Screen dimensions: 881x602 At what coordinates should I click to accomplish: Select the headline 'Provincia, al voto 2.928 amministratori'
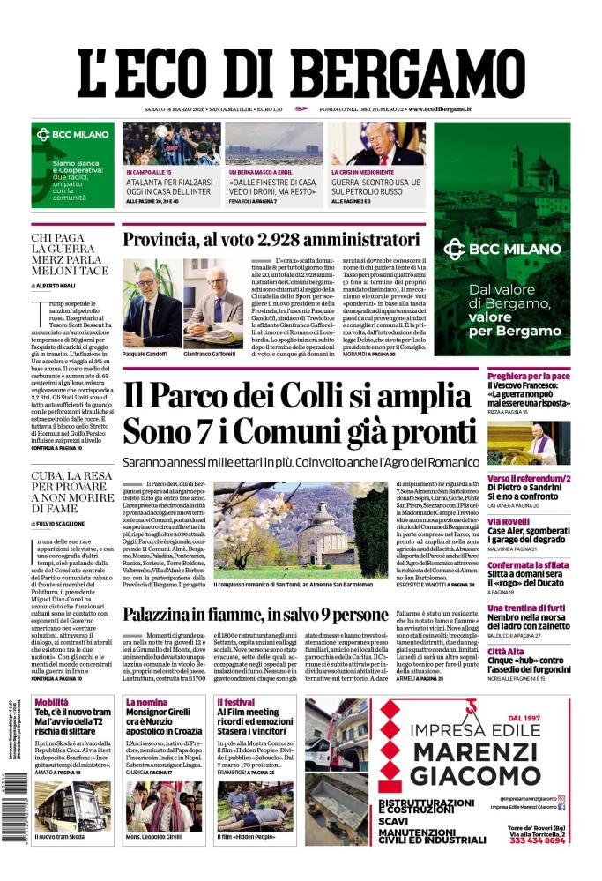[x=271, y=239]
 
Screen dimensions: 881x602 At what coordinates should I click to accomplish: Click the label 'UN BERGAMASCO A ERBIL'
[x=263, y=172]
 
